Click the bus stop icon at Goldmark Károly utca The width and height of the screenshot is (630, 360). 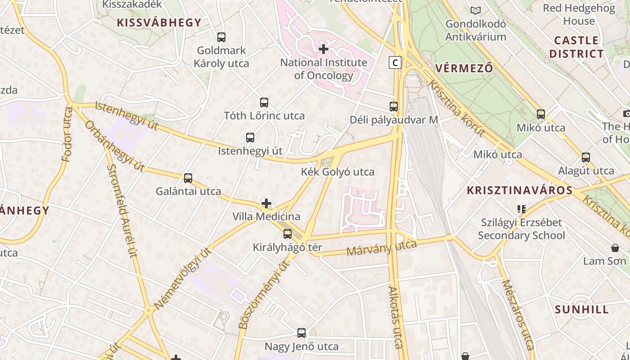(x=221, y=37)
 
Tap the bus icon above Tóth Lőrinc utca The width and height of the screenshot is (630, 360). (x=264, y=103)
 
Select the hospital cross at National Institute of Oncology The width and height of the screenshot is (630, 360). (x=324, y=49)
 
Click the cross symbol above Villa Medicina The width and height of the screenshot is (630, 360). (x=266, y=203)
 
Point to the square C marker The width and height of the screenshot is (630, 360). (x=395, y=63)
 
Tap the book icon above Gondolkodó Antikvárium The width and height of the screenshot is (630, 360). (x=476, y=10)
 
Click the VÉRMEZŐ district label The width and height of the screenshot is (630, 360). (x=464, y=68)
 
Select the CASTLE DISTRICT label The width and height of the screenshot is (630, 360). (x=576, y=47)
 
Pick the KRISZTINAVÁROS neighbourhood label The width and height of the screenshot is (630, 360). (x=520, y=190)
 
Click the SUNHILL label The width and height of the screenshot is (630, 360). (x=582, y=310)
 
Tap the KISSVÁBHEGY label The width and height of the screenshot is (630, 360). (x=159, y=22)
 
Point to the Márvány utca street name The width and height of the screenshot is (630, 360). (x=382, y=248)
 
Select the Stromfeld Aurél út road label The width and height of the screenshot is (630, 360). (x=121, y=211)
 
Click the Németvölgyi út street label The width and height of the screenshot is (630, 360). (x=183, y=279)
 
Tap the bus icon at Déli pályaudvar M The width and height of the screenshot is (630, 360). (x=394, y=107)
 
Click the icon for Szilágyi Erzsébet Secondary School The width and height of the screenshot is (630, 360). (x=522, y=209)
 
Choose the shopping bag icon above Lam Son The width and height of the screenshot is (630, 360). (x=615, y=248)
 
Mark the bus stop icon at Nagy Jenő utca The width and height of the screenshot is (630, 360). (x=301, y=333)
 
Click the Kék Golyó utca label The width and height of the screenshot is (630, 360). (x=337, y=172)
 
